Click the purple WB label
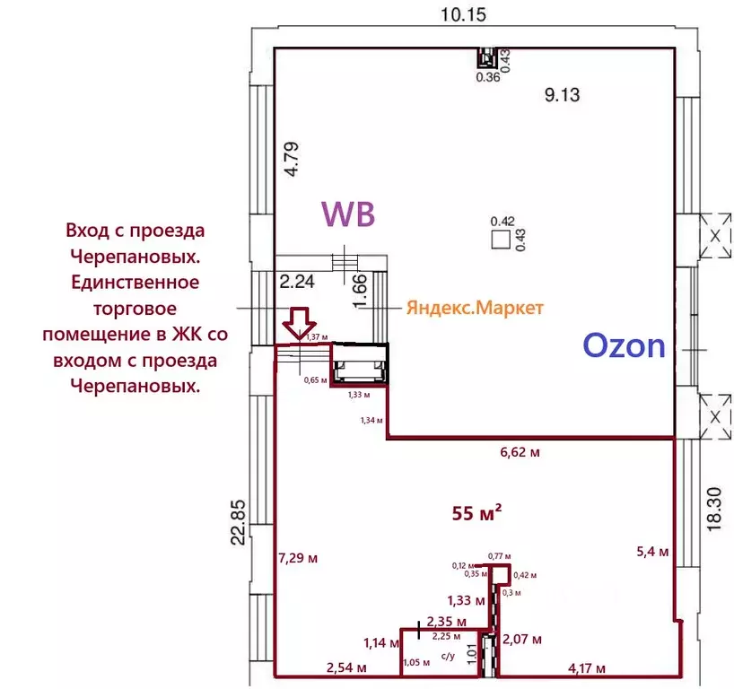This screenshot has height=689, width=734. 347,214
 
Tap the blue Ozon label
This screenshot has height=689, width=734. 624,344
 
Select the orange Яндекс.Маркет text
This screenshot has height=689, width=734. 475,308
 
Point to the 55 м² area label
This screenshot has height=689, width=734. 476,513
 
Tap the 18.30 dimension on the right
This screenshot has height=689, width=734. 714,510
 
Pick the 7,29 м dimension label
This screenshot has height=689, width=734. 299,558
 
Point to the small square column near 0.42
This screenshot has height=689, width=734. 501,240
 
